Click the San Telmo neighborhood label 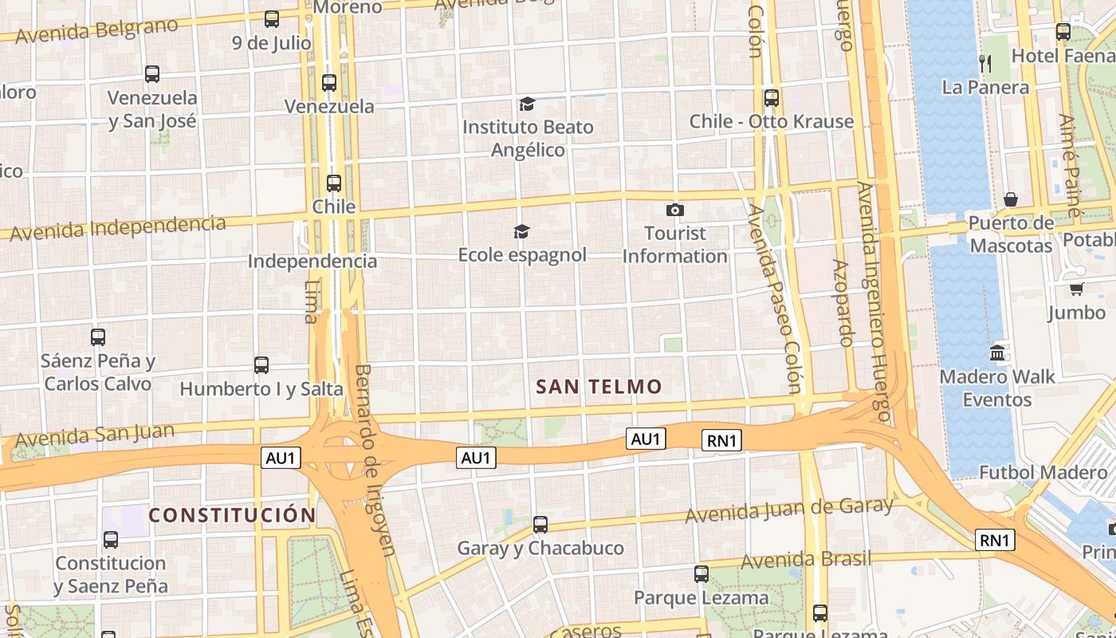[599, 387]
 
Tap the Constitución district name [232, 515]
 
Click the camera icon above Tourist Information [675, 211]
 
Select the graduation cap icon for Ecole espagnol [521, 231]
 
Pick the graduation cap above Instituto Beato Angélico [527, 104]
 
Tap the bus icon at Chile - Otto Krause [771, 98]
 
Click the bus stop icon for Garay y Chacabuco [540, 525]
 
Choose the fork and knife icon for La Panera [985, 64]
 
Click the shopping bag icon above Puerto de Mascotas [1011, 199]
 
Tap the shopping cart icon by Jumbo [1076, 289]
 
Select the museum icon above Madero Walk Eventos [997, 352]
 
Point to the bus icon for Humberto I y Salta [261, 365]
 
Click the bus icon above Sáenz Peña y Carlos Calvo [98, 337]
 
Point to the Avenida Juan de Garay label [789, 510]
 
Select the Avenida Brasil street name [806, 560]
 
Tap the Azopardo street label [843, 302]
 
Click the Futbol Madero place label [1042, 472]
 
